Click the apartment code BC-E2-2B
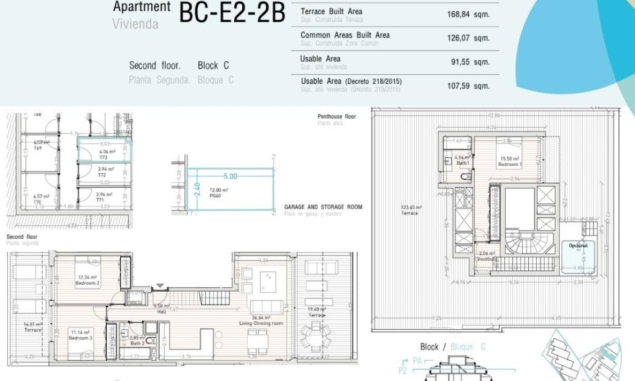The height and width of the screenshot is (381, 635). [232, 13]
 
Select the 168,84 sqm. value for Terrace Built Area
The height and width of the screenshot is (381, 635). [468, 15]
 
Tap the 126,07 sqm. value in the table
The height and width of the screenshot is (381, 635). [468, 38]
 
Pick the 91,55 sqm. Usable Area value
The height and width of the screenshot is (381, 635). [470, 62]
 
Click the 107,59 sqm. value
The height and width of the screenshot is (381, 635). [468, 86]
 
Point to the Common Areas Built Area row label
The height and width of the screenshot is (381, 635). [344, 35]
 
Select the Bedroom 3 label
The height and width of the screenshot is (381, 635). [79, 335]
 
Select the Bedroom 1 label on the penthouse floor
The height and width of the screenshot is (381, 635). [511, 162]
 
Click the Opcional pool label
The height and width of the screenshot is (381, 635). [578, 246]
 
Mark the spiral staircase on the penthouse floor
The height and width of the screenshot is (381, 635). [520, 242]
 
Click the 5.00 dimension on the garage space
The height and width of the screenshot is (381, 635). [231, 176]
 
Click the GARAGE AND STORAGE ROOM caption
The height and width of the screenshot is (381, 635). [323, 207]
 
